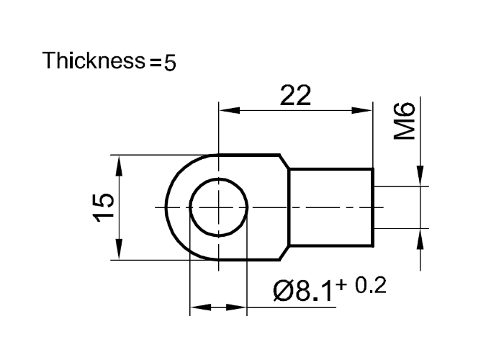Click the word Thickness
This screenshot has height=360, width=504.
tap(94, 60)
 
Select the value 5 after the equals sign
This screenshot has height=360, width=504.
tap(169, 63)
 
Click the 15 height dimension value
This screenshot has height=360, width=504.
tap(103, 207)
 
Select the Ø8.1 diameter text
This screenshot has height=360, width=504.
tap(302, 292)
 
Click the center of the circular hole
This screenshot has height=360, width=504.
tap(219, 207)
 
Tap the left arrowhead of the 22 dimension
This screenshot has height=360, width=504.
tap(227, 110)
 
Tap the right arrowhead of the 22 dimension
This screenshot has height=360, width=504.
tap(365, 110)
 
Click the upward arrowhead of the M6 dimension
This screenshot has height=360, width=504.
tap(418, 237)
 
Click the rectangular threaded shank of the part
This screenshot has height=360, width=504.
tap(331, 207)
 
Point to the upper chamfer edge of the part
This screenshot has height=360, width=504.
tap(284, 161)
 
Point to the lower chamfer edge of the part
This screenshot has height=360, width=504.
tap(284, 253)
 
